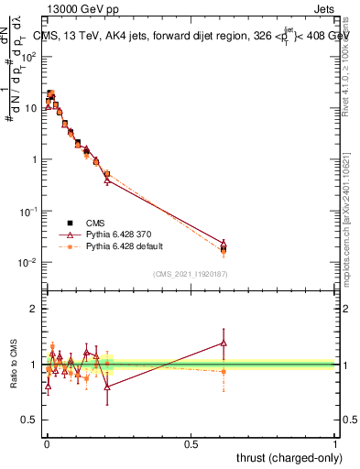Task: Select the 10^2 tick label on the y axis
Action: click(30, 57)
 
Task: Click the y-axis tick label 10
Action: click(32, 108)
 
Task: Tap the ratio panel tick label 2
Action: click(34, 308)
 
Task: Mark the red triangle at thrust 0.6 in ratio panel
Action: click(224, 344)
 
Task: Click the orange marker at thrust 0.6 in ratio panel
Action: click(224, 371)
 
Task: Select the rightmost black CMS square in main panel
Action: click(224, 247)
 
